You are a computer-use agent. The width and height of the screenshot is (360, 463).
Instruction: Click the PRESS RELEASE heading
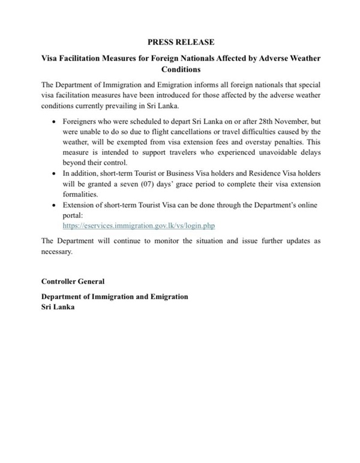tap(180, 42)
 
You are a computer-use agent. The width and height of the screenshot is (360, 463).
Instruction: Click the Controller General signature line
tap(73, 281)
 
